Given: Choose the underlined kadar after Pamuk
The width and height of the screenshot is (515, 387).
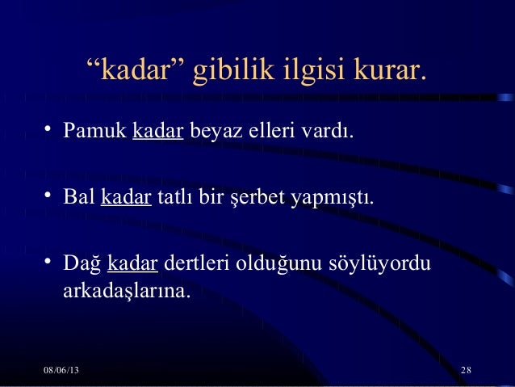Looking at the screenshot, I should (x=157, y=130).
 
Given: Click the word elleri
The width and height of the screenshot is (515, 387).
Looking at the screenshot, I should (x=272, y=130).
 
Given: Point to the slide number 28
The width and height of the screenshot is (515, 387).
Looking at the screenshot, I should (x=466, y=370).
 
